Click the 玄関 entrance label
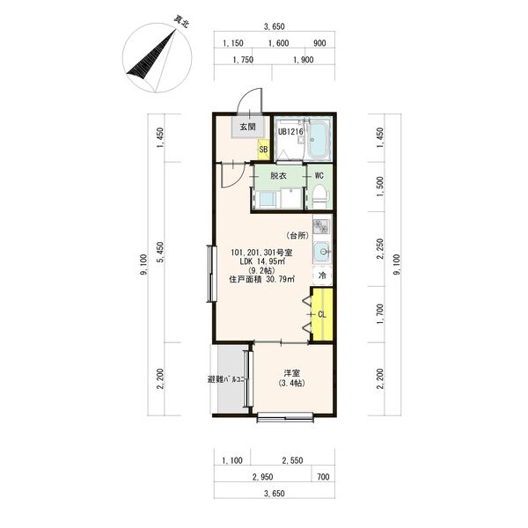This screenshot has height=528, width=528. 248,127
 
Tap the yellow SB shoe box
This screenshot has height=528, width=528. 263,150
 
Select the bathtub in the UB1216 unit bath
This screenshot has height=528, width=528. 318,139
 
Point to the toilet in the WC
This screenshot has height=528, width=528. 319,196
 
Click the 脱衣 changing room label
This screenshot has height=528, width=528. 278,175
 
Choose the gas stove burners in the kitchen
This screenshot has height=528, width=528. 320,226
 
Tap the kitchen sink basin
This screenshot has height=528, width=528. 322,252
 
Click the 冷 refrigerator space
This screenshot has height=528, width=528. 322,275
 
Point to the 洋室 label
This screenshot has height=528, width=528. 291,373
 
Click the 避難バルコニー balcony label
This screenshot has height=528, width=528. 228,379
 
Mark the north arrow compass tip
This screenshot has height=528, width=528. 176,30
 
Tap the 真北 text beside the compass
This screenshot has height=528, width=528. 181,21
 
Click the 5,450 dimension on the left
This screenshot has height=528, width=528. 161,252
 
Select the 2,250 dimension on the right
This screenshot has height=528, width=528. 380,249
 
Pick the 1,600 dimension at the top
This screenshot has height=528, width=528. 278,43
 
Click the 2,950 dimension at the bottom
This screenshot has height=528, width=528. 262,477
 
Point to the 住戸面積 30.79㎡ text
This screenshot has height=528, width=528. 262,279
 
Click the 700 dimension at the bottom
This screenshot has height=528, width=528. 323,477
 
